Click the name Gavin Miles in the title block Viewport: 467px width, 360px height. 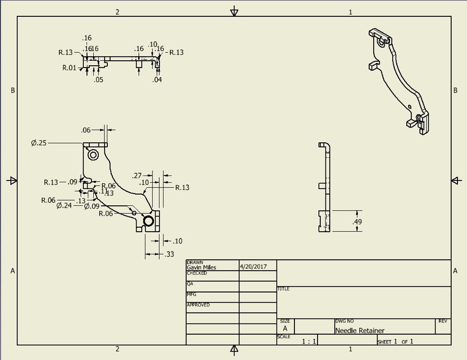pos(201,268)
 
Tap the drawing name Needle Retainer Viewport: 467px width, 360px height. pos(360,331)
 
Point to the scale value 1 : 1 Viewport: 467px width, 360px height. pos(309,341)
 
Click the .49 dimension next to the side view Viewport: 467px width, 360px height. pos(357,222)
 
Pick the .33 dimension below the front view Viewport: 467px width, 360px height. pos(169,255)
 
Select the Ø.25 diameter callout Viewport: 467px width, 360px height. pos(39,143)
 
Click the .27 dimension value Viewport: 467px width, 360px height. pos(137,175)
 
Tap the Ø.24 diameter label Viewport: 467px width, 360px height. pos(65,206)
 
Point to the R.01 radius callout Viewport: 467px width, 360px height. pos(69,67)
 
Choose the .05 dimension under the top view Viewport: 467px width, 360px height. pos(99,80)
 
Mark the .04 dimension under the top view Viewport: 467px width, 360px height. pos(157,80)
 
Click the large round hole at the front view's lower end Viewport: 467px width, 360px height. pos(149,221)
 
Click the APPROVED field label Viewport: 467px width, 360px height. pos(198,305)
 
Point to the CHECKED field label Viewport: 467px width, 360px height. pos(197,273)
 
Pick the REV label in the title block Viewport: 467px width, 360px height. pos(443,321)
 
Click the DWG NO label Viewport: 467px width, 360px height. pos(344,321)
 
